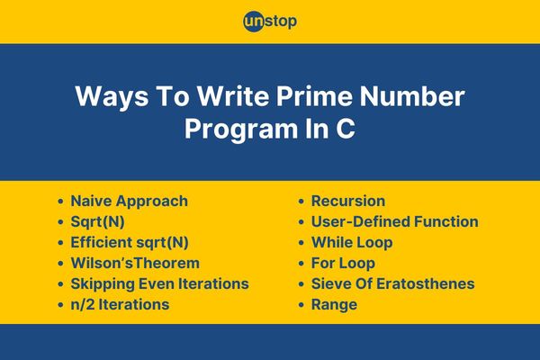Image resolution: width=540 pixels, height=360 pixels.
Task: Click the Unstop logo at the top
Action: [270, 22]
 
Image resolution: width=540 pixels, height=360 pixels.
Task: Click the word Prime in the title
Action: [314, 96]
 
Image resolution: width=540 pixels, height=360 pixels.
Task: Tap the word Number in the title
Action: [412, 96]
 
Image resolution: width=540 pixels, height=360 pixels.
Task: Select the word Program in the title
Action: [241, 130]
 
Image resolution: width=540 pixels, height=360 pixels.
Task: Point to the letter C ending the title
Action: [346, 129]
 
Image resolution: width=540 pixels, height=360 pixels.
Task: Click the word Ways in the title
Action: [112, 97]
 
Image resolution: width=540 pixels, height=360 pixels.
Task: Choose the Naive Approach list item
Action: [129, 202]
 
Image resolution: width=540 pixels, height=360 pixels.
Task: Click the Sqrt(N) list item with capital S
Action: [97, 222]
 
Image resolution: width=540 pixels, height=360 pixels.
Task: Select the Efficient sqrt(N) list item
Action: [130, 242]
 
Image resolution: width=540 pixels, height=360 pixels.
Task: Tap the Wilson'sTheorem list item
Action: [135, 263]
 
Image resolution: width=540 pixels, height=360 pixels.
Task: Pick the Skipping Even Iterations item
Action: [160, 284]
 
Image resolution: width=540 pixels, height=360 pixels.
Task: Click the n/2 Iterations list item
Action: [120, 304]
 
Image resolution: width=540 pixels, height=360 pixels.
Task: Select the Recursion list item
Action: [348, 202]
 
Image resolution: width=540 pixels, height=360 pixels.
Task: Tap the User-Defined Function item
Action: [395, 222]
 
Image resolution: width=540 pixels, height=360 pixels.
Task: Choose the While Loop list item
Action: [352, 242]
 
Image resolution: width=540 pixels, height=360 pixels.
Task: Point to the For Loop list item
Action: [343, 264]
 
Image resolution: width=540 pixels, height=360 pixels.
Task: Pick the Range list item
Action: [334, 305]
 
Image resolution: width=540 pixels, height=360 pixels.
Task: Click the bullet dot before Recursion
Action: [301, 202]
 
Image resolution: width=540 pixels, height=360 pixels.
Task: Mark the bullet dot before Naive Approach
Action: [60, 202]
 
